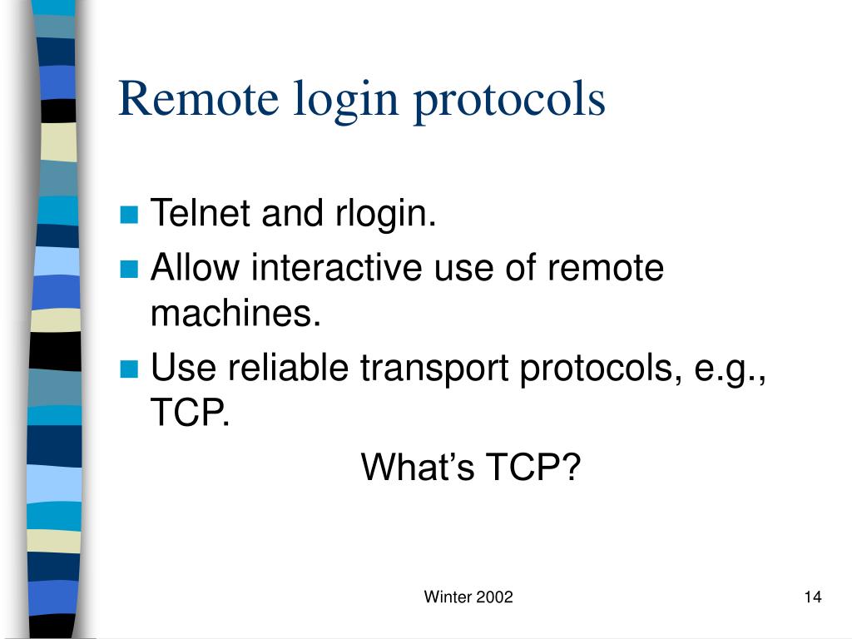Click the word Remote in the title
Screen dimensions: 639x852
pyautogui.click(x=198, y=99)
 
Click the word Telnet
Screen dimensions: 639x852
pyautogui.click(x=201, y=215)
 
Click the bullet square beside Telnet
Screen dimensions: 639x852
pyautogui.click(x=128, y=216)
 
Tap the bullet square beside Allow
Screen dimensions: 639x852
pyautogui.click(x=128, y=270)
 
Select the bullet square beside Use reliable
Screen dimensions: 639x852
pyautogui.click(x=128, y=369)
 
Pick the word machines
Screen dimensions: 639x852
pyautogui.click(x=235, y=315)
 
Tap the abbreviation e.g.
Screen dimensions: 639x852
pyautogui.click(x=728, y=369)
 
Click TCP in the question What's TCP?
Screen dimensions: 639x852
pyautogui.click(x=532, y=468)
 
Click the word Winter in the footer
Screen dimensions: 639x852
pyautogui.click(x=447, y=597)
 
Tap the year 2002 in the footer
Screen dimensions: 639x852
pyautogui.click(x=494, y=597)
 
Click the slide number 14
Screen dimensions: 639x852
pyautogui.click(x=813, y=597)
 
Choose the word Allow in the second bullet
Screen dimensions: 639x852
pyautogui.click(x=195, y=268)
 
